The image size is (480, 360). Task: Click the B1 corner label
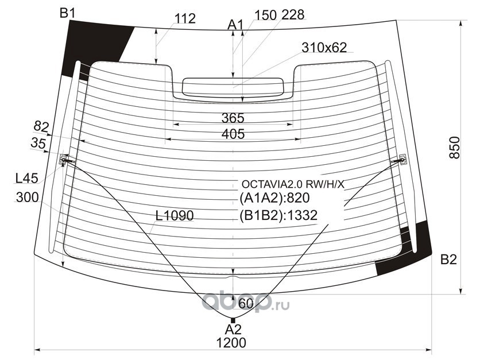(67, 13)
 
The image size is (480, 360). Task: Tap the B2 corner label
(448, 260)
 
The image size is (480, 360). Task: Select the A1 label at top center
(235, 25)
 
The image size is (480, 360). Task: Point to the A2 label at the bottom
(233, 330)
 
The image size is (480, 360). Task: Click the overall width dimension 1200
(231, 343)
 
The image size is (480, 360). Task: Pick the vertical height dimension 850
(455, 147)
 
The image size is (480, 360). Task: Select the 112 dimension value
(185, 19)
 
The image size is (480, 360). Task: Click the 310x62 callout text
(324, 48)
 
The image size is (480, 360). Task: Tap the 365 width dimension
(233, 118)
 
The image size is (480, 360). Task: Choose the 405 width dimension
(233, 134)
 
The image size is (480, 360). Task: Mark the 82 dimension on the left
(41, 126)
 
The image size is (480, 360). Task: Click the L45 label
(26, 178)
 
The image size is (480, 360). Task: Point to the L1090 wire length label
(175, 215)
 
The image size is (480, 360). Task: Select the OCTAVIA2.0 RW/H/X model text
(293, 184)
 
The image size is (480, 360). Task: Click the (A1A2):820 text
(274, 198)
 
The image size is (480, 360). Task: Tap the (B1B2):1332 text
(278, 215)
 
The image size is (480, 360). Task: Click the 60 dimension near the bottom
(246, 303)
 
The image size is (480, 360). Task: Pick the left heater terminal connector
(64, 159)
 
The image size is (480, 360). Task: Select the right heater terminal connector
(403, 159)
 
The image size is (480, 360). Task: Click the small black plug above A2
(233, 320)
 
